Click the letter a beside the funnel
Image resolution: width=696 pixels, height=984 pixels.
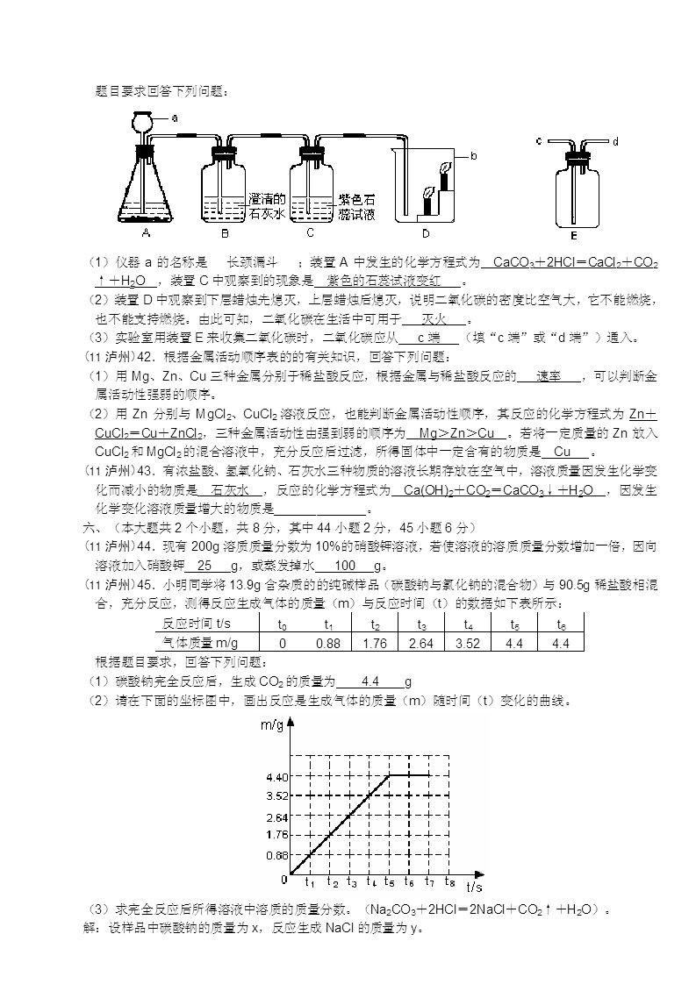click(x=175, y=117)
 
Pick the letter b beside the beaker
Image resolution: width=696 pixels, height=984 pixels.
click(x=473, y=156)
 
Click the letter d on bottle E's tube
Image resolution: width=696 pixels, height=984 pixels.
click(x=615, y=140)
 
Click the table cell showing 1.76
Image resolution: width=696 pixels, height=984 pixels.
click(x=375, y=644)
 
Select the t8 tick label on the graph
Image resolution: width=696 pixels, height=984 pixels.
click(x=450, y=881)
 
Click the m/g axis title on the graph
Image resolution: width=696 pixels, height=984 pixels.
click(x=271, y=724)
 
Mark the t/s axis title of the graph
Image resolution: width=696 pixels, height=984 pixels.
click(x=475, y=888)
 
